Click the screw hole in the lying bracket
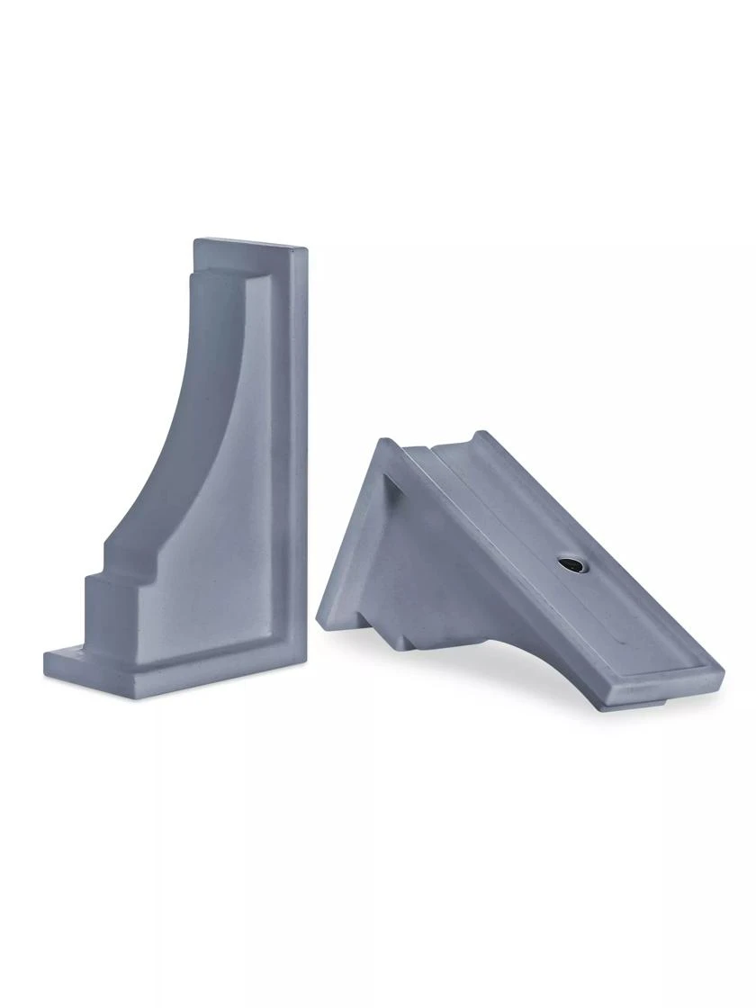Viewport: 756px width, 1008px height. tap(569, 564)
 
